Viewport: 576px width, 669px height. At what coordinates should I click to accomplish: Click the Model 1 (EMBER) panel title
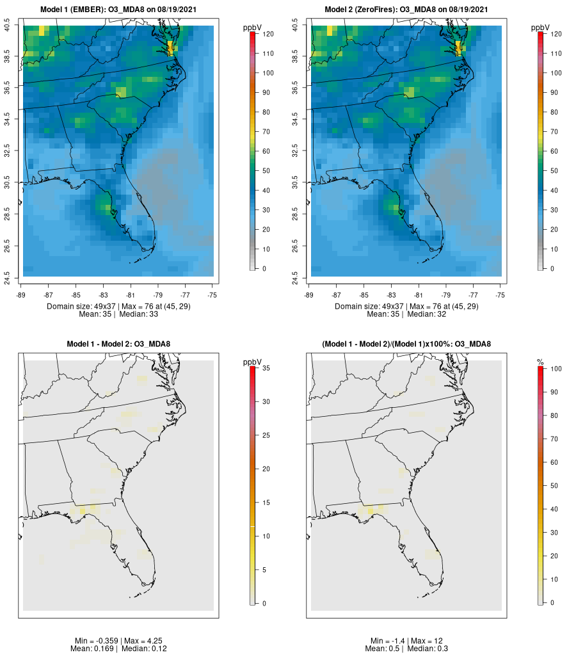pos(118,10)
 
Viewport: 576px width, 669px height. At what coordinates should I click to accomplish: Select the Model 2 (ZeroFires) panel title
pos(406,10)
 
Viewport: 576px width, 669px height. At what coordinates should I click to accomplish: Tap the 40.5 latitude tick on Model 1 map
pos(8,26)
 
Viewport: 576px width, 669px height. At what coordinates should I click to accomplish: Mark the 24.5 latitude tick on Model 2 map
pos(296,277)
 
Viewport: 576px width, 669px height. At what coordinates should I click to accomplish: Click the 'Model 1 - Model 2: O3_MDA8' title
pos(118,344)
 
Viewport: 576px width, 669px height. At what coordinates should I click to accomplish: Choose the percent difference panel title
pos(406,344)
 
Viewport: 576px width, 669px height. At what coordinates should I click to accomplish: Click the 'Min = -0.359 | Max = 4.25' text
pos(118,641)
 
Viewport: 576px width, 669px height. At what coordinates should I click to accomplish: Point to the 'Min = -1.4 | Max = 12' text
pos(406,641)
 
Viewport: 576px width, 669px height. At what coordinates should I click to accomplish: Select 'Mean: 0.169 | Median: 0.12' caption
pos(118,649)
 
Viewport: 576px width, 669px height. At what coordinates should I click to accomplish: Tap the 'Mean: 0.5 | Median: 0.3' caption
pos(406,649)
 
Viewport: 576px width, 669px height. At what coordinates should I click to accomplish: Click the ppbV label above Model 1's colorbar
pos(253,28)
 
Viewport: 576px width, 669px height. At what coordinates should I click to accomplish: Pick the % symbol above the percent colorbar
pos(541,362)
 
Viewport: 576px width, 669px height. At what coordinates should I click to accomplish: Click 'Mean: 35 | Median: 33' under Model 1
pos(118,314)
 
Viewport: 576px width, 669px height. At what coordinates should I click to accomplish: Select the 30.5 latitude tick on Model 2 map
pos(296,183)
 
